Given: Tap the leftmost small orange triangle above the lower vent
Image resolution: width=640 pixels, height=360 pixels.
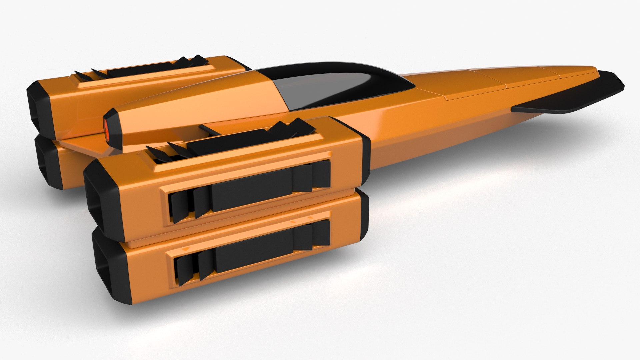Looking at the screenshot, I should click(187, 249).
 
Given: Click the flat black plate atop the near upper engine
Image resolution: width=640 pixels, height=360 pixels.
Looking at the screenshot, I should click(233, 140).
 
